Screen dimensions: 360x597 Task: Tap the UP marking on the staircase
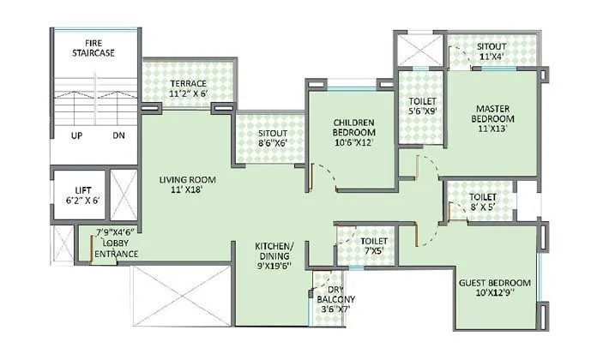tap(77, 135)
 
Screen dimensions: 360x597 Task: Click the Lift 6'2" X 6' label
tap(77, 194)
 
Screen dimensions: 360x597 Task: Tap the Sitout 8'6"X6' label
tap(273, 140)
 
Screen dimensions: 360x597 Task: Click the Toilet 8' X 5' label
tap(482, 201)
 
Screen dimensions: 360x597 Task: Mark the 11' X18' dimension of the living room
tap(186, 190)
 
